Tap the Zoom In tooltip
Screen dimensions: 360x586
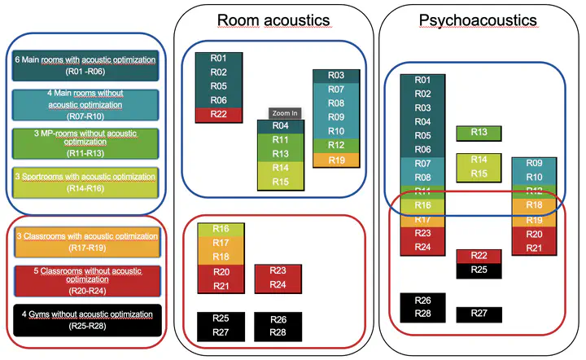(x=284, y=113)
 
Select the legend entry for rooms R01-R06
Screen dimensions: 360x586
(x=85, y=66)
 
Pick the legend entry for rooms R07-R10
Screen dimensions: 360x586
(x=85, y=100)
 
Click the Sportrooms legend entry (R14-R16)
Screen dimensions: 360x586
(x=85, y=181)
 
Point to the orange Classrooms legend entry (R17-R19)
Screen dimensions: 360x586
(x=85, y=241)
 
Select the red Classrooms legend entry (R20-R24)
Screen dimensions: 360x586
(x=85, y=280)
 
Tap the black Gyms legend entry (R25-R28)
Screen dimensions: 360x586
(x=85, y=319)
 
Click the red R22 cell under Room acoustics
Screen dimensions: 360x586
(x=217, y=114)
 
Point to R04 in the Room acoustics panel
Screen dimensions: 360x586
(x=280, y=127)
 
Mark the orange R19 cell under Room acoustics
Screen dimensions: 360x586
(x=336, y=160)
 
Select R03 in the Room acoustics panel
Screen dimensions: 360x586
(x=336, y=76)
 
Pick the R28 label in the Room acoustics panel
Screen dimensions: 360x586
(x=278, y=332)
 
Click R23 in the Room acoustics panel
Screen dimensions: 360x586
(x=278, y=271)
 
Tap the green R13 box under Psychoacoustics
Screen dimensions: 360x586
(x=479, y=133)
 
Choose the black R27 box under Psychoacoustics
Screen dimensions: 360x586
(x=479, y=314)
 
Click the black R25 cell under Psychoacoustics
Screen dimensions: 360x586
(x=479, y=270)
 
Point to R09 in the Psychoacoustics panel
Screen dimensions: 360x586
(x=534, y=164)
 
